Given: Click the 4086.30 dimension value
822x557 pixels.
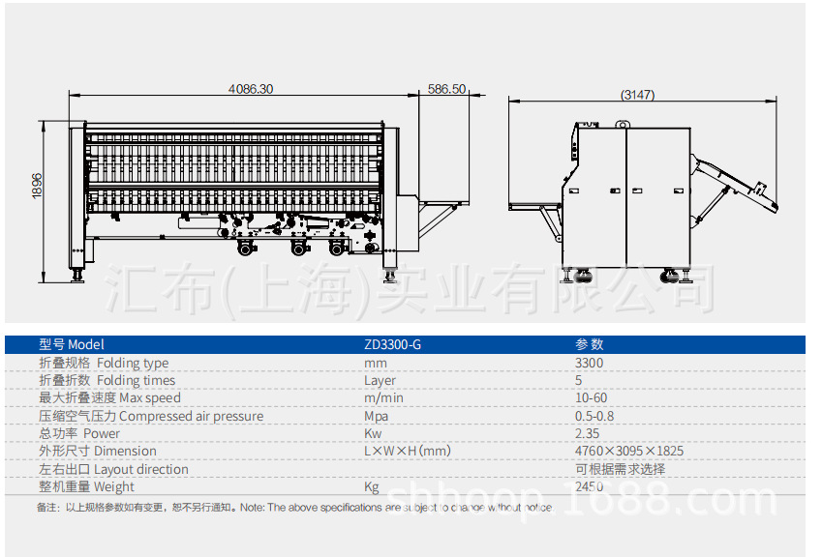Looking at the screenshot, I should pyautogui.click(x=251, y=89).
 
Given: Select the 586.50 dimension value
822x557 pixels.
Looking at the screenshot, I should pyautogui.click(x=447, y=89).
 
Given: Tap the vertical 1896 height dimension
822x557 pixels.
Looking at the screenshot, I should pyautogui.click(x=38, y=186).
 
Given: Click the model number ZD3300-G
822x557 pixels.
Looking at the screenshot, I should pyautogui.click(x=392, y=344).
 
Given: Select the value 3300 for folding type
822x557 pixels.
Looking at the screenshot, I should pyautogui.click(x=589, y=363).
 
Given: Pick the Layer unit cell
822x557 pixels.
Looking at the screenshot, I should pyautogui.click(x=380, y=380).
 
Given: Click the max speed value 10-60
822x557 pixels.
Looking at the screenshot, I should pyautogui.click(x=592, y=397).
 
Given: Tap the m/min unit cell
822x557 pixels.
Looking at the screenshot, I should pyautogui.click(x=383, y=397).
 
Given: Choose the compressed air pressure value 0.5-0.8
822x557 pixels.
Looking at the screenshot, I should pyautogui.click(x=594, y=416).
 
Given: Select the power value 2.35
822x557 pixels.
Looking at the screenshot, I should pyautogui.click(x=587, y=433).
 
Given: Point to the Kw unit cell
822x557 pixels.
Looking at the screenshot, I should pyautogui.click(x=373, y=433).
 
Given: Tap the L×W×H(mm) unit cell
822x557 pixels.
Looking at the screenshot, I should pyautogui.click(x=407, y=451).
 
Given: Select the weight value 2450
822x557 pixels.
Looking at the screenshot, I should pyautogui.click(x=589, y=486).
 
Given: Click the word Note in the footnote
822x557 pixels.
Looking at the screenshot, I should pyautogui.click(x=251, y=507).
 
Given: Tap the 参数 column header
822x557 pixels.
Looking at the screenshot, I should pyautogui.click(x=589, y=344).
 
